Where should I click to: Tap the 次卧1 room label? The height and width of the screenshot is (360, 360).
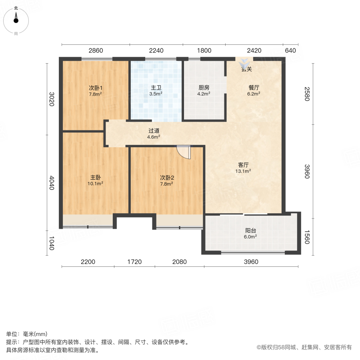[95, 88]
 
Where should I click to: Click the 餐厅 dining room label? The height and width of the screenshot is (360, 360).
[254, 88]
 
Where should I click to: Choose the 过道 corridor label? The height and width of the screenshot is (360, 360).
[154, 130]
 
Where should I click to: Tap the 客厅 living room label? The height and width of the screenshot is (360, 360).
[244, 165]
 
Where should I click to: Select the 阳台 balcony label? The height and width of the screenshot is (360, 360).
[251, 230]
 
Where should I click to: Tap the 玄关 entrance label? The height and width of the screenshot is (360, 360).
[246, 69]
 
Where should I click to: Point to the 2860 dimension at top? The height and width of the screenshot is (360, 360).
[96, 50]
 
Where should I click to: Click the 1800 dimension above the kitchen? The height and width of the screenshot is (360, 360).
[204, 50]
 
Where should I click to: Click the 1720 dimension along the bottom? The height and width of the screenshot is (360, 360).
[135, 262]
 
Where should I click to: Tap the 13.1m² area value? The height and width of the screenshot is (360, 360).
[244, 172]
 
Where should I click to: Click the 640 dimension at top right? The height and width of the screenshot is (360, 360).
[290, 50]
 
